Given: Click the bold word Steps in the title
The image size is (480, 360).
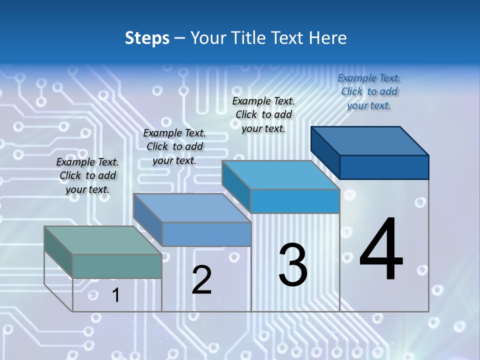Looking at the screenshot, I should coord(147,37).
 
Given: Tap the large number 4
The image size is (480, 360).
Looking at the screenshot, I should coord(381,250).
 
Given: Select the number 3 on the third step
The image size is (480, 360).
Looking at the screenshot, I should coord(293,265).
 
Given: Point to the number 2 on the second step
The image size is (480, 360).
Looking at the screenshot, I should coord(201,280).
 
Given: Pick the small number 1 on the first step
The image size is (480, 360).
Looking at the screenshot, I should coord(115,295).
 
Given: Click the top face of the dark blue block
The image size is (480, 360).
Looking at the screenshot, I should coord(370,140).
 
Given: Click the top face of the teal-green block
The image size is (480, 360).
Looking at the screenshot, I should coord(102,240).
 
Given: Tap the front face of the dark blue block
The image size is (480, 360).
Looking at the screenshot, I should coord(384,167).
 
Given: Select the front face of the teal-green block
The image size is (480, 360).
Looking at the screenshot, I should coord(117,266).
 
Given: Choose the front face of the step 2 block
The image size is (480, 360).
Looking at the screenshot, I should coord(206,234).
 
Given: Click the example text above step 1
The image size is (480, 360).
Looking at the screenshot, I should coord(87,175).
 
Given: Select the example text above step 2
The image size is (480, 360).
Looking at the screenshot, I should coord(174,146).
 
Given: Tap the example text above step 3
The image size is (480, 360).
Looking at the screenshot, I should coord(263,114).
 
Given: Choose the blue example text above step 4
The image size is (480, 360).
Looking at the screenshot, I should coord(369,91).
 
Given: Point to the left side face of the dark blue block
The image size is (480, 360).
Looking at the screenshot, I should coord(325,152).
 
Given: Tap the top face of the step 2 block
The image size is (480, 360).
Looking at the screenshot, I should coord(192,208).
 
